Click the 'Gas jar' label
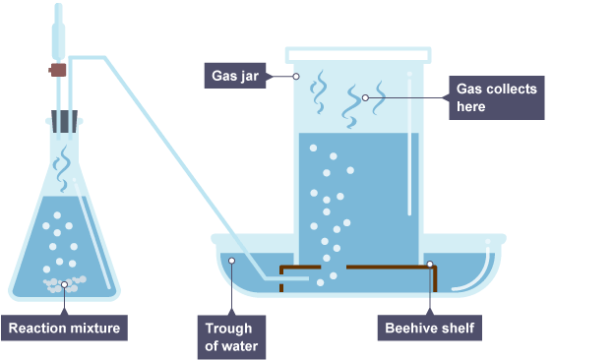coord(235,76)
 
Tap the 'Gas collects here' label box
coord(497,97)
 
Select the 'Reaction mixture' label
coord(64,328)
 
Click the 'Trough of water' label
coord(231,337)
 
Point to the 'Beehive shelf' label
coord(430,328)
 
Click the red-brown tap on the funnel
coord(57,71)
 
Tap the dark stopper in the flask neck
coord(64,122)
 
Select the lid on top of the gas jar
coord(358,55)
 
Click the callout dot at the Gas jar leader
coord(296,77)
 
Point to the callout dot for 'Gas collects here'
coord(365,97)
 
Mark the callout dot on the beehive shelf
coord(430,265)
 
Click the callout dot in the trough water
coord(232,261)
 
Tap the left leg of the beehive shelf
coord(281,278)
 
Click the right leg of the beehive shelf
coord(435,278)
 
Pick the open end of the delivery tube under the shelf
coord(308,278)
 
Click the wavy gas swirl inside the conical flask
coord(63,168)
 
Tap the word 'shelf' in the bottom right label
coord(460,328)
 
